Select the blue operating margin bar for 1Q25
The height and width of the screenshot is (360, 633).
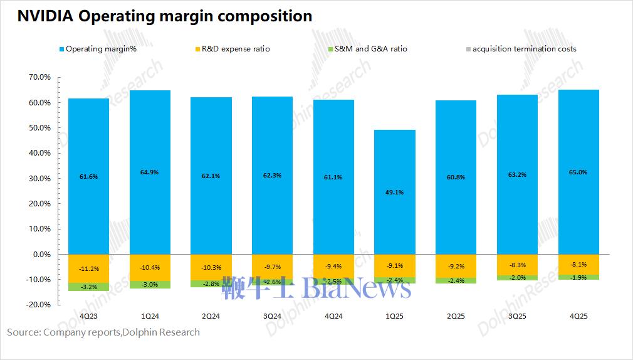pyautogui.click(x=395, y=191)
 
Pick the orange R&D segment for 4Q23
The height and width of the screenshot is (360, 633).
pyautogui.click(x=88, y=268)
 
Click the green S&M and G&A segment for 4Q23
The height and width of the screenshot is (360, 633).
pyautogui.click(x=88, y=287)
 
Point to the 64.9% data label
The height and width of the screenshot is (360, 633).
pyautogui.click(x=150, y=172)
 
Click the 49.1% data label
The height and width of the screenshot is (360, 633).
pyautogui.click(x=395, y=193)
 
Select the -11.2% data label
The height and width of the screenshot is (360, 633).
pyautogui.click(x=88, y=268)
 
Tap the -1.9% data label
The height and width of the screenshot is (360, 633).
pyautogui.click(x=578, y=277)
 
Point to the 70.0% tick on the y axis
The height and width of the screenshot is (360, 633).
pyautogui.click(x=39, y=77)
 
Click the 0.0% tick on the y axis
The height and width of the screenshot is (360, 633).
pyautogui.click(x=41, y=254)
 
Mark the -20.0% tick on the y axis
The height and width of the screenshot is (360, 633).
pyautogui.click(x=39, y=305)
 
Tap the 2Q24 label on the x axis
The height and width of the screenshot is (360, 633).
pyautogui.click(x=211, y=316)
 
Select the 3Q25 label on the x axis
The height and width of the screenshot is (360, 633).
pyautogui.click(x=517, y=316)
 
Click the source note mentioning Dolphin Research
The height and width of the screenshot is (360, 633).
pyautogui.click(x=103, y=332)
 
